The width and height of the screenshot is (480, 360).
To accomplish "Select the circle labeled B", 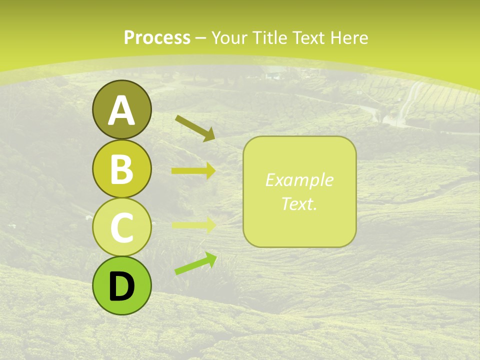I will pyautogui.click(x=121, y=168).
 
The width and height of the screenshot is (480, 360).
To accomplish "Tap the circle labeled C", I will pyautogui.click(x=121, y=227).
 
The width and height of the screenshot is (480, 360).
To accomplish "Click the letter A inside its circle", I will pyautogui.click(x=121, y=111).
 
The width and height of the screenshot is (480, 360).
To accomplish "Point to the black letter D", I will pyautogui.click(x=121, y=286).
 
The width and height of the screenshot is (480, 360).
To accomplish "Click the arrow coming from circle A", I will pyautogui.click(x=194, y=127).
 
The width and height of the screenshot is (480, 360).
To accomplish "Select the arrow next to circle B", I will pyautogui.click(x=193, y=171).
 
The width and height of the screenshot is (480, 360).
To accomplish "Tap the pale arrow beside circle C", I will pyautogui.click(x=193, y=225).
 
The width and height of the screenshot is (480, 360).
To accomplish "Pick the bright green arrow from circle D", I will pyautogui.click(x=195, y=263).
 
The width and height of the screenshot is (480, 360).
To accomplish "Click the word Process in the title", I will pyautogui.click(x=157, y=37).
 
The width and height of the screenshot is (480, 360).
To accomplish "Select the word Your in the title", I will pyautogui.click(x=229, y=37).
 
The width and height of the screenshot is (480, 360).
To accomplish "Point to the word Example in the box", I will pyautogui.click(x=299, y=180).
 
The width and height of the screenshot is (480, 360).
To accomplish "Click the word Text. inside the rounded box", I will pyautogui.click(x=299, y=204).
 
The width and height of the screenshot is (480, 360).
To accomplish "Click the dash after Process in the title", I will pyautogui.click(x=201, y=38).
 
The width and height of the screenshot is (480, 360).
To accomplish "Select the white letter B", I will pyautogui.click(x=121, y=170).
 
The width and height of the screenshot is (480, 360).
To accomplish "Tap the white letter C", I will pyautogui.click(x=121, y=228).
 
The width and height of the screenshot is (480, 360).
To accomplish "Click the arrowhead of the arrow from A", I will pyautogui.click(x=210, y=134).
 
